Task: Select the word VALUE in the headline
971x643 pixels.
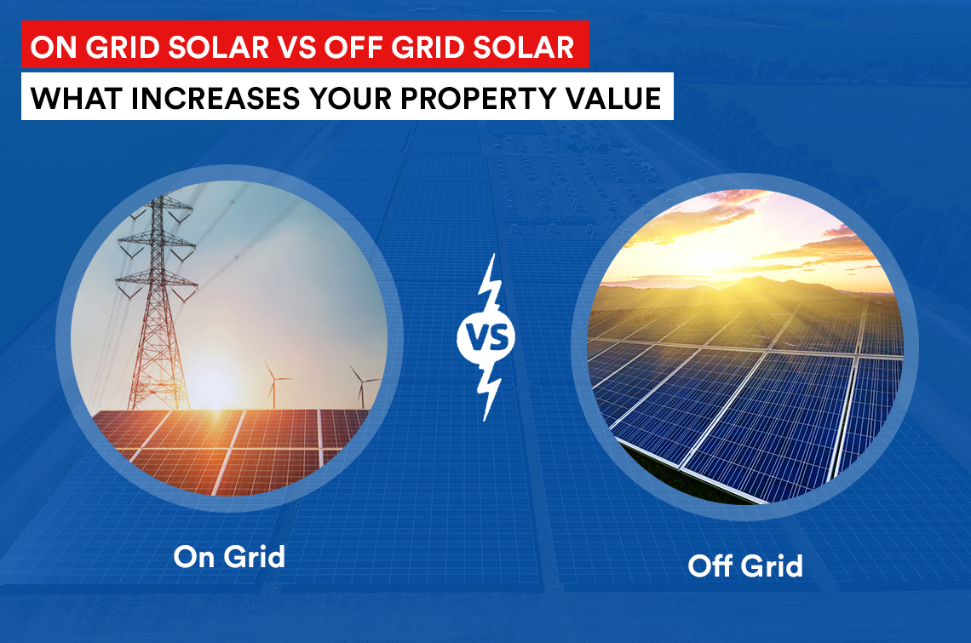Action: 613,98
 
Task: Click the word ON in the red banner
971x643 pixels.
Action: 54,48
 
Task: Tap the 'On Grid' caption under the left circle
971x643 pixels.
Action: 229,556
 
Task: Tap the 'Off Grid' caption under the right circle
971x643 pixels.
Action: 745,565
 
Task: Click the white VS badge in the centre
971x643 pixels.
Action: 486,337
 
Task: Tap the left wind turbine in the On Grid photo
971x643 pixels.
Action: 273,385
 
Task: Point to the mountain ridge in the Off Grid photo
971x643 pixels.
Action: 743,287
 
